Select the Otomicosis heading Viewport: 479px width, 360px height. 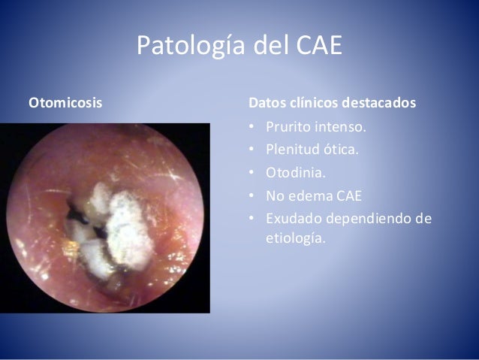coord(65,101)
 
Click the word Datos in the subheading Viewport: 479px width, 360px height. coord(267,101)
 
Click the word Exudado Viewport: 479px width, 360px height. coord(295,220)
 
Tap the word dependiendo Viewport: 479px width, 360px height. coord(370,221)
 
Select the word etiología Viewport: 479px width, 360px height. coord(297,241)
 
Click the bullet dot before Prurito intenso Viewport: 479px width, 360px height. coord(252,126)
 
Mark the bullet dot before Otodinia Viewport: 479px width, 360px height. coord(252,174)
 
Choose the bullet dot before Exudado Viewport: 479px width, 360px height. coord(252,221)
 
